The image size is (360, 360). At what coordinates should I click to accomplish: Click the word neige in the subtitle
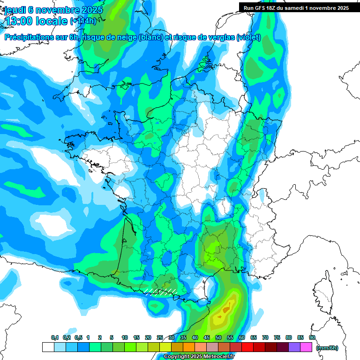coord(124,38)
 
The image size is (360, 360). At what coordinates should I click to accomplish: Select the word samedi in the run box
coord(295,8)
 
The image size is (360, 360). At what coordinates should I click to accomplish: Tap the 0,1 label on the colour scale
coord(55,338)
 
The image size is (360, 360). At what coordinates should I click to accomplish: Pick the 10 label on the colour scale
coord(125,338)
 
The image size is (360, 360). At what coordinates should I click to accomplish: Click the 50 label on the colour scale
coord(218,338)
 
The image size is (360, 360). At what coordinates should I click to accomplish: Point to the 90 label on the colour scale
coord(312,338)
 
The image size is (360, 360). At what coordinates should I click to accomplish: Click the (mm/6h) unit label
coord(328,348)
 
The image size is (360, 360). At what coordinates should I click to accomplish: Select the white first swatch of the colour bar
coord(48,347)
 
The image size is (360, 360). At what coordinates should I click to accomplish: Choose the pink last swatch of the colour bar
coord(306,347)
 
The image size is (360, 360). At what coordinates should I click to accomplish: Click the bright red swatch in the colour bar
coord(247,347)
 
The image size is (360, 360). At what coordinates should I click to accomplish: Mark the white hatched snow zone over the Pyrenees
coord(161,292)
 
